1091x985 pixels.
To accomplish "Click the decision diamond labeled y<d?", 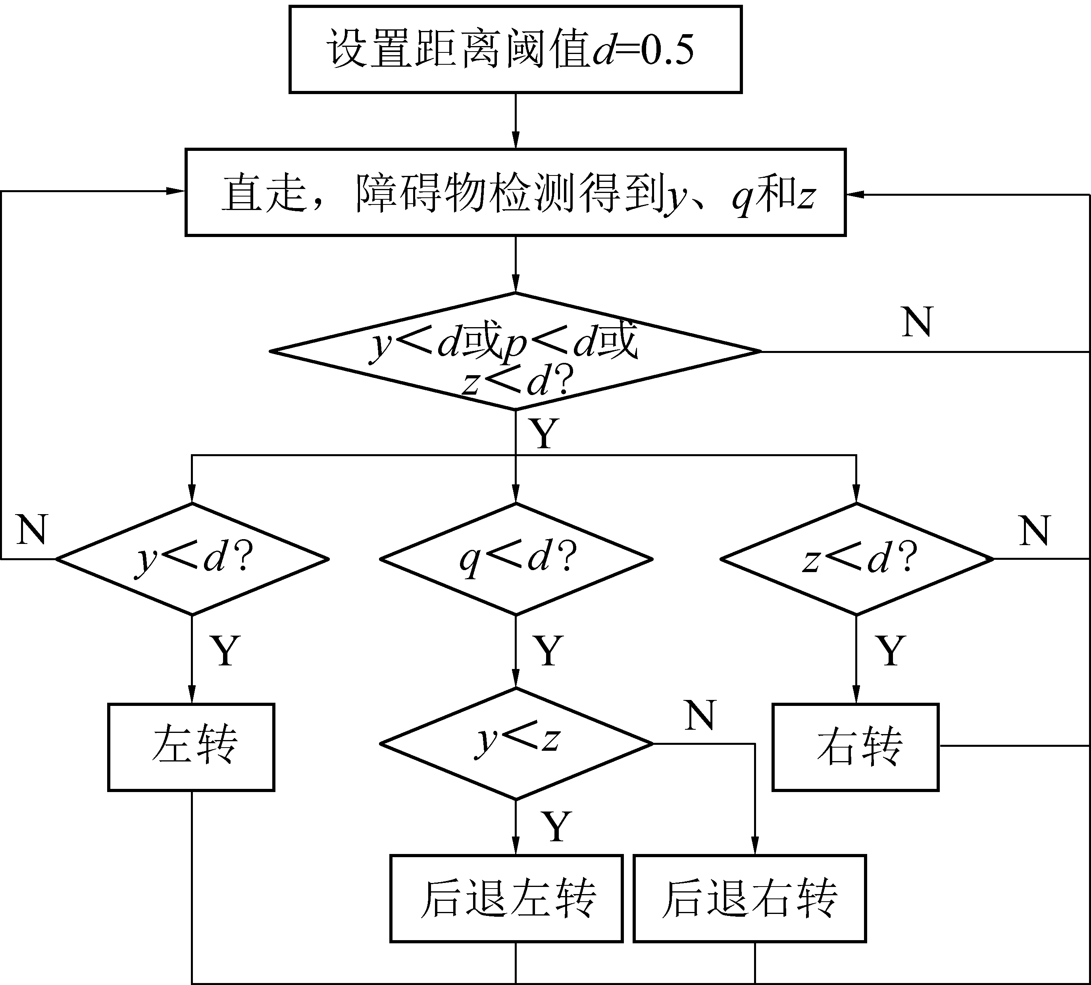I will (192, 559).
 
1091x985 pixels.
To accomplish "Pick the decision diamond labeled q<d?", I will (516, 559).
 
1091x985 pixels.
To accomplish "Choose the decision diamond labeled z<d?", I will (856, 559).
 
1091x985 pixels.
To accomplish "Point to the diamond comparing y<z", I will (516, 744).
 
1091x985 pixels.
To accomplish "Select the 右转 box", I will (856, 747).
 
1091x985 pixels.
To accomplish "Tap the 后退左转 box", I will (506, 899).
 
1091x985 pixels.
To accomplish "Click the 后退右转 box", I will (750, 899).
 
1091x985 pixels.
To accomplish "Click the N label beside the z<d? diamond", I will (1034, 531).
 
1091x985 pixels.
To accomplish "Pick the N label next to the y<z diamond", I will (700, 715).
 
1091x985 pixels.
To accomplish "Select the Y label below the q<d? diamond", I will (548, 651).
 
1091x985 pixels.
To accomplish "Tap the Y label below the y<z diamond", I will (556, 827).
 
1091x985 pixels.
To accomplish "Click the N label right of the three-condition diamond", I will (918, 322).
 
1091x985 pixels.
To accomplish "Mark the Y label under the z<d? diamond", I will (890, 651).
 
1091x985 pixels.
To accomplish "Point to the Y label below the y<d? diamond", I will (225, 651).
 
